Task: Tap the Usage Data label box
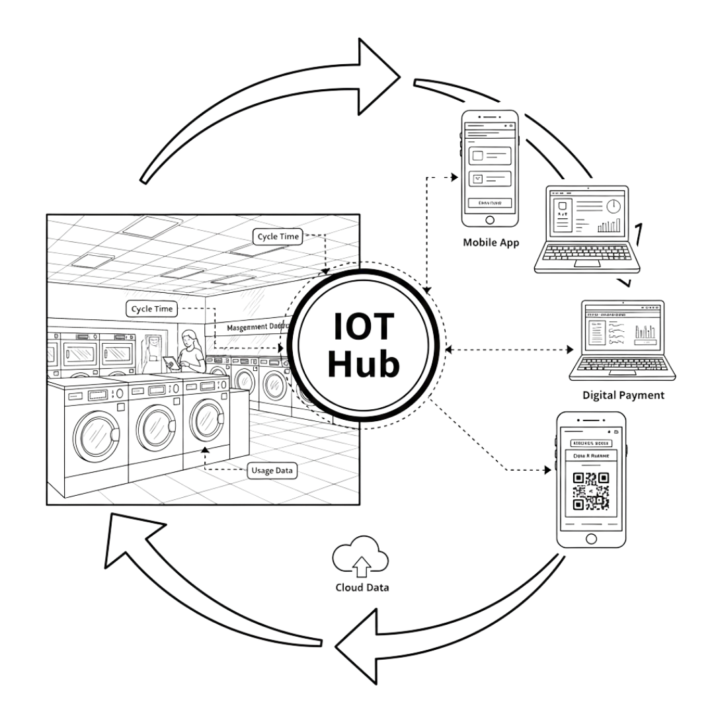(x=272, y=471)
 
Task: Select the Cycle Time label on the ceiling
(x=277, y=237)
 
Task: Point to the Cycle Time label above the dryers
(x=152, y=309)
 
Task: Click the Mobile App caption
(x=491, y=243)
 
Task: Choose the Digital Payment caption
(x=623, y=395)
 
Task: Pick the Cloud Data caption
(x=362, y=587)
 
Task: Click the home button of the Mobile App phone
(x=490, y=220)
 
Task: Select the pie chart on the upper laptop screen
(x=614, y=206)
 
